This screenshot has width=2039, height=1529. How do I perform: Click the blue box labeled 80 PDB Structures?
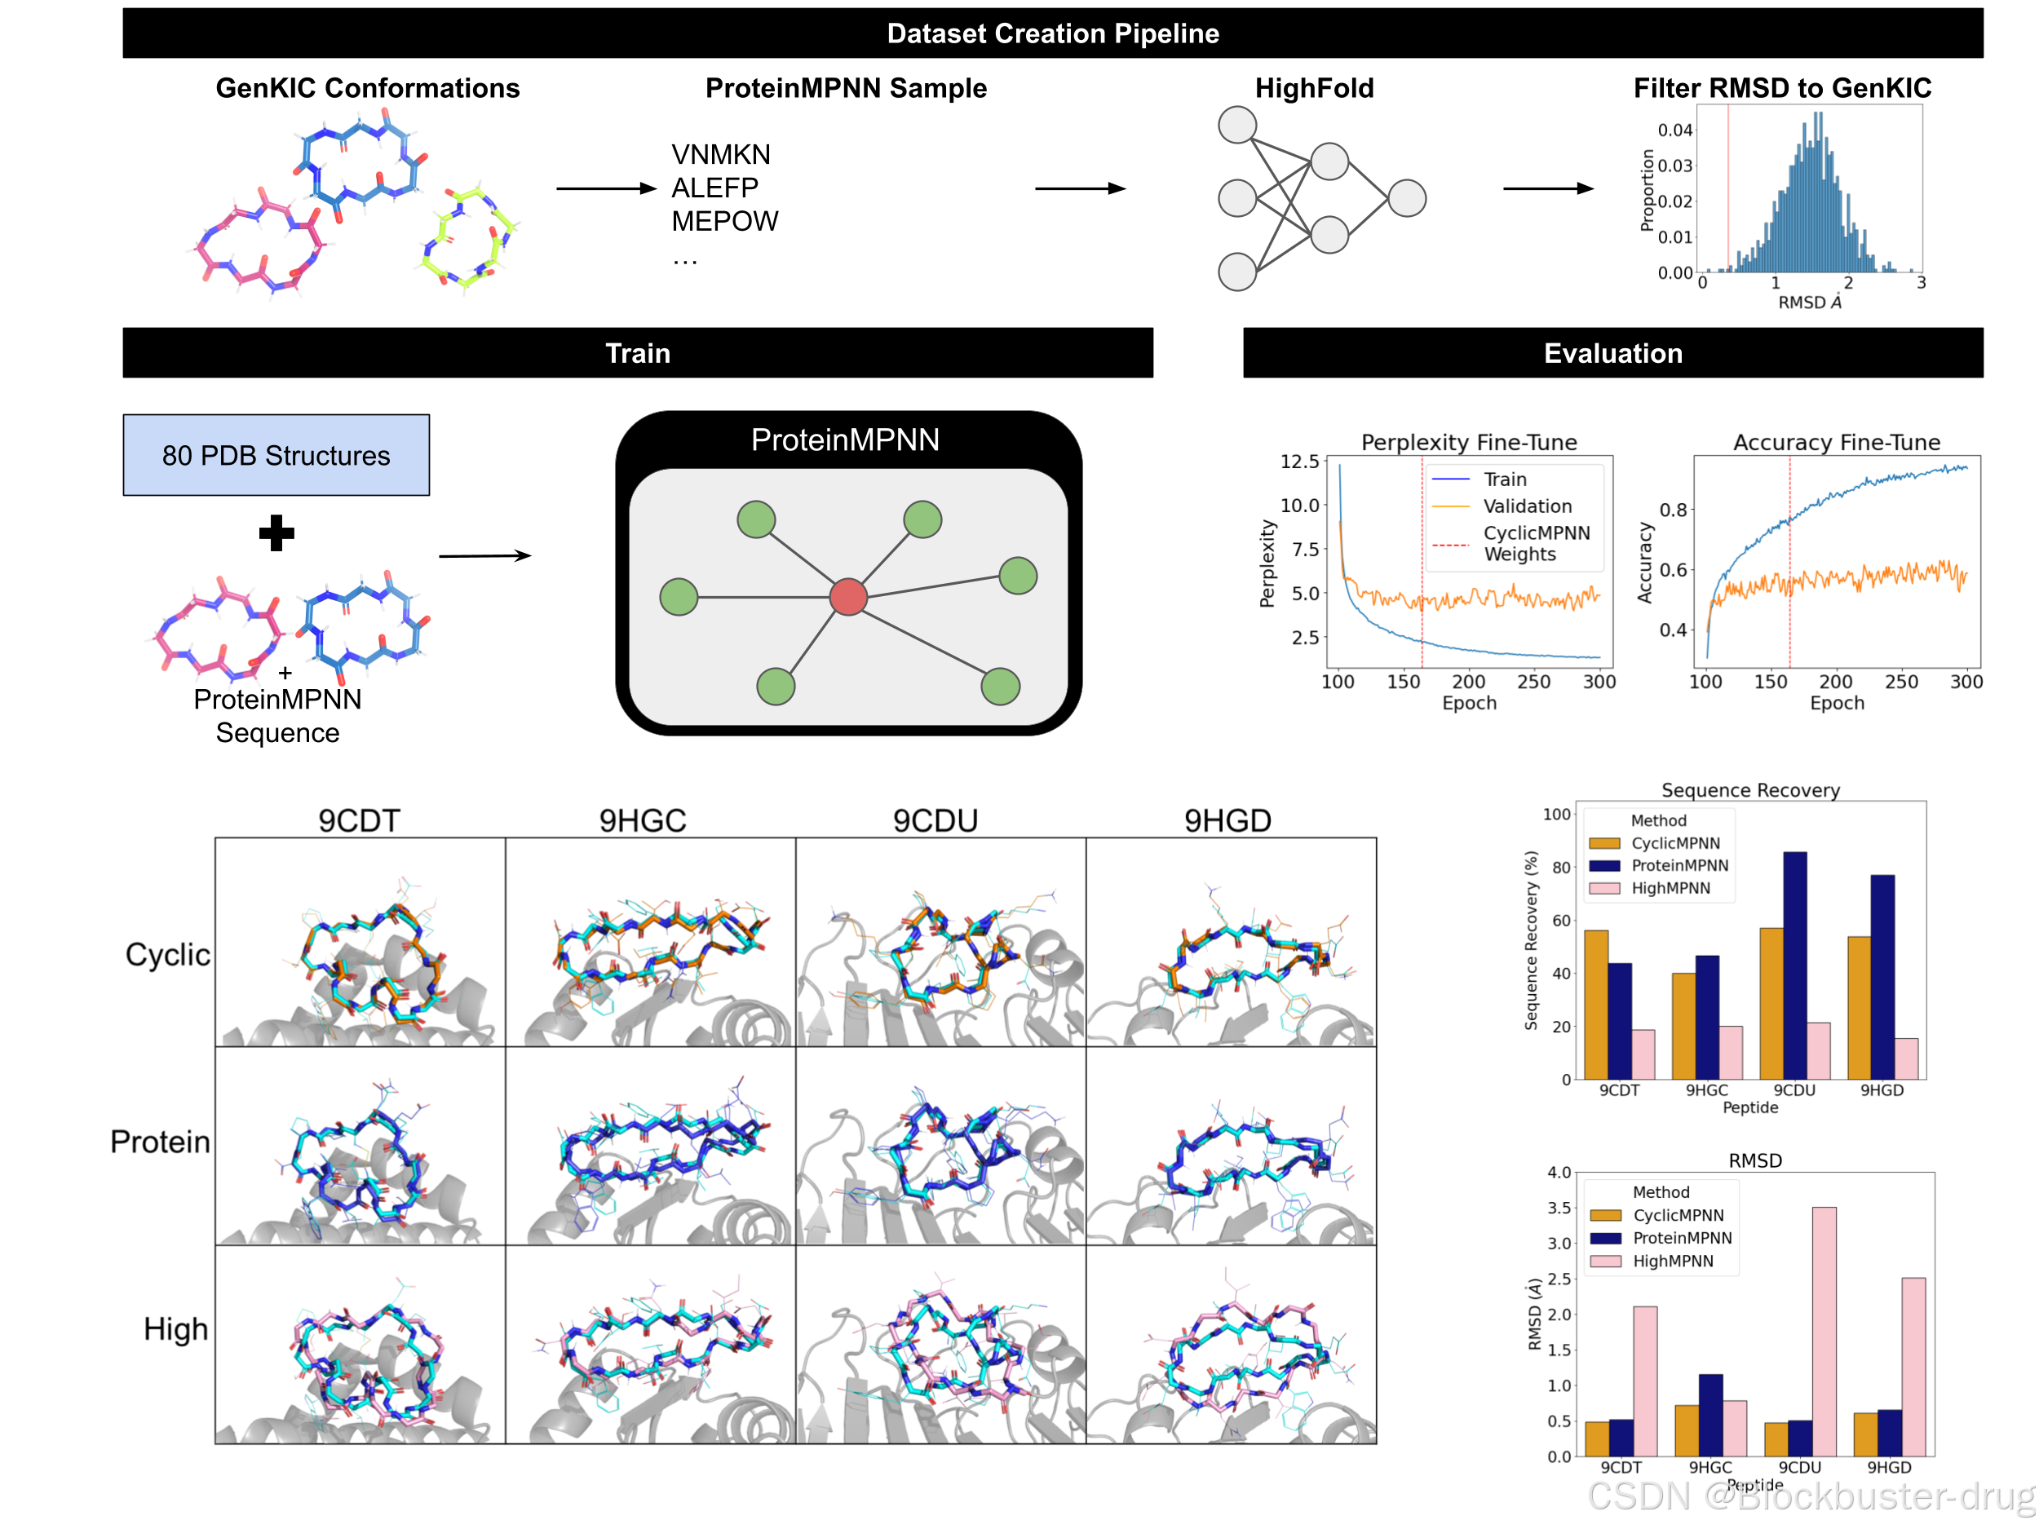pos(276,454)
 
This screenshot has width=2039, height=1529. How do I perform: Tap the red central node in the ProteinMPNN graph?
pos(848,596)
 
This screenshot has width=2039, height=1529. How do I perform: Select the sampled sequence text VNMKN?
pos(720,154)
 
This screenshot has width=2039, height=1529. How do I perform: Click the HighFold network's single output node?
pos(1407,198)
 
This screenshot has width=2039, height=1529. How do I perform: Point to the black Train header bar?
pos(637,353)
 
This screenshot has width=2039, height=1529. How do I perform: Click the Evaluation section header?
pos(1612,353)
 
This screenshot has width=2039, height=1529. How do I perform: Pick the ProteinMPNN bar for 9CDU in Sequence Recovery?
pos(1794,965)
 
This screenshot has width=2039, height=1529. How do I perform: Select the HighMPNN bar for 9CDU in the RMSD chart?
pos(1824,1331)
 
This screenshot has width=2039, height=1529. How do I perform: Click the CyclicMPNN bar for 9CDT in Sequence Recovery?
pos(1595,1005)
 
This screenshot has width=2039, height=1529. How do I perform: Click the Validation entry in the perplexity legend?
pos(1527,506)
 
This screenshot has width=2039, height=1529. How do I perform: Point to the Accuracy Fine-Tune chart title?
pos(1836,442)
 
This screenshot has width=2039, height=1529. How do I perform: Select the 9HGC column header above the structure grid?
pos(643,820)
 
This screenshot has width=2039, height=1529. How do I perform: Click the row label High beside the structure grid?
pos(175,1329)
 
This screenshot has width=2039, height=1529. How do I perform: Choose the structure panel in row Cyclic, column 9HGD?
pos(1231,942)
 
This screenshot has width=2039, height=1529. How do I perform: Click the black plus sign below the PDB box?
pos(276,532)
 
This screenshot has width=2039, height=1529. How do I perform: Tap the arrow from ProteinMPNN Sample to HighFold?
pos(1081,188)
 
